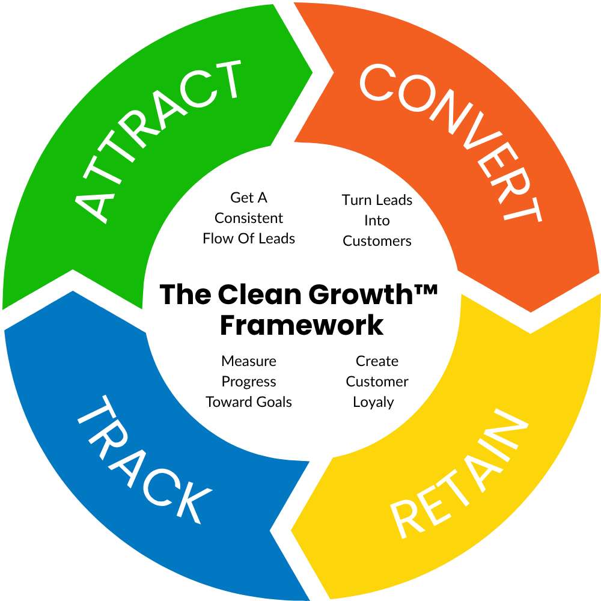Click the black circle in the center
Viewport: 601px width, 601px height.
click(300, 300)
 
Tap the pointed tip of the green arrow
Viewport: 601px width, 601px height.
click(313, 72)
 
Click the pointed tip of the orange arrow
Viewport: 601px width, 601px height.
click(530, 312)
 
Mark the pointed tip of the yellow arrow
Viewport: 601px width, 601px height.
click(291, 530)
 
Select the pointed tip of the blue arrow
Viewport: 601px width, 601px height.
click(73, 291)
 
